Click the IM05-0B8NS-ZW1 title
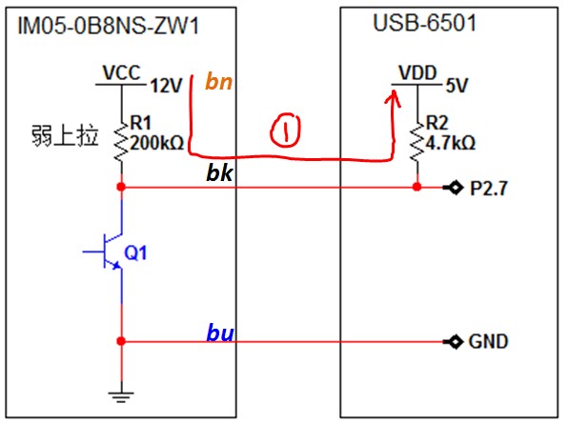[109, 26]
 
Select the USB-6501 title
[424, 23]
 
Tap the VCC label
[121, 72]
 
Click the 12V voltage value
[166, 86]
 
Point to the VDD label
[417, 72]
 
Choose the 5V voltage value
[456, 86]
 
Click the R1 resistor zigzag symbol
[121, 142]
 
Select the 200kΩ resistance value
[157, 143]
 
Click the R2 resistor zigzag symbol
[417, 142]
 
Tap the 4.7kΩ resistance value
[450, 143]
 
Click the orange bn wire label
[218, 81]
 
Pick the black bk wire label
[219, 172]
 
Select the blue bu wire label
[220, 333]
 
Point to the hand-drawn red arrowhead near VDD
[393, 98]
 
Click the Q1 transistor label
[135, 252]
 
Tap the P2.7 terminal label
[489, 189]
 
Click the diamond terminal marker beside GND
[456, 341]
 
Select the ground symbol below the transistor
[121, 396]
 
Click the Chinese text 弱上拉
[65, 136]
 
